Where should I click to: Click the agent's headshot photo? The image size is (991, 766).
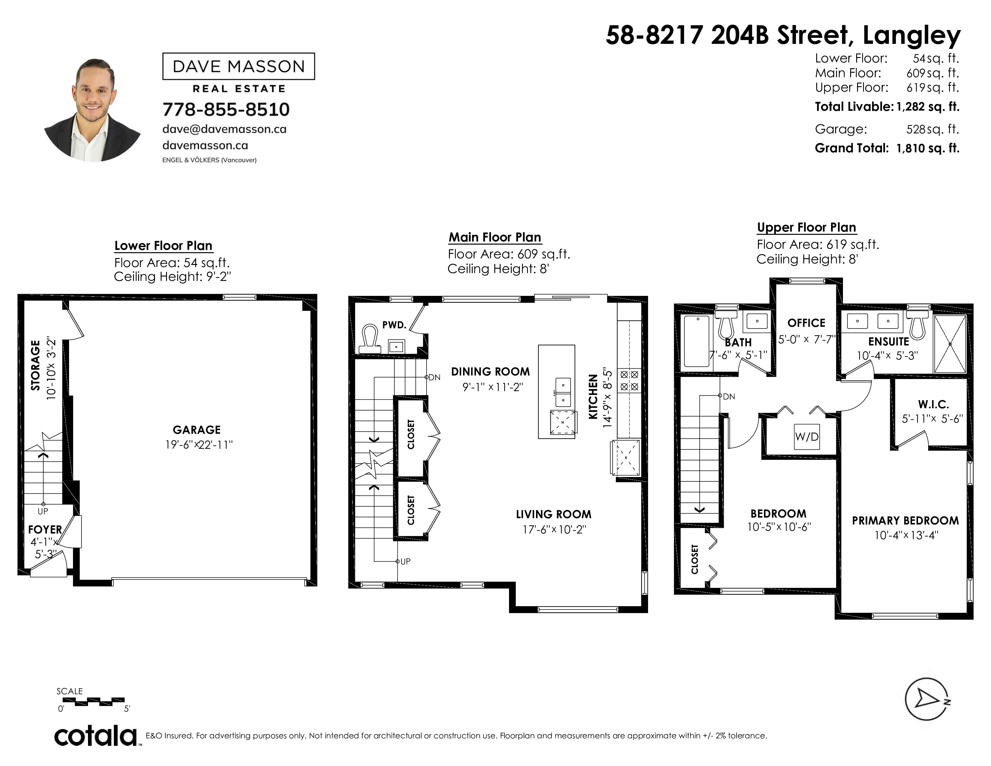(92, 109)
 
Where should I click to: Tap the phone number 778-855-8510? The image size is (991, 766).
(226, 109)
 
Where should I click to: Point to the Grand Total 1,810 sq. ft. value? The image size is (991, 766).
(928, 148)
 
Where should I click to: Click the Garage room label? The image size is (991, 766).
(196, 430)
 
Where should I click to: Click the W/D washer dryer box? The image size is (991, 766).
(807, 436)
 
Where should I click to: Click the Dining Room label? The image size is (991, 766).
(490, 372)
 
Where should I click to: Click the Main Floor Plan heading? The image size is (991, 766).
(495, 237)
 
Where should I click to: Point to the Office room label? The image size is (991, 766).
(806, 323)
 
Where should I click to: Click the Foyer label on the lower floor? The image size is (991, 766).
(45, 530)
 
